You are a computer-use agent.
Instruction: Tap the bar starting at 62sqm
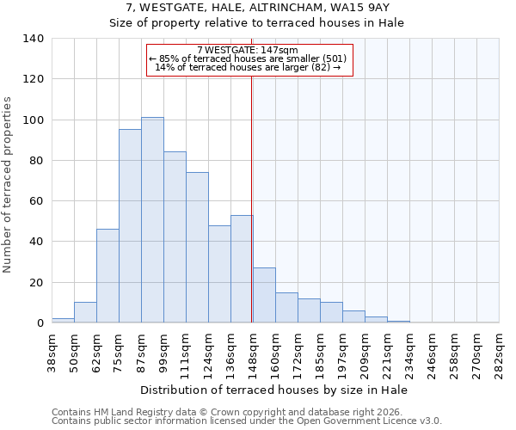[107, 276]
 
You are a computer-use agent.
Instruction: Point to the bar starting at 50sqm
[85, 313]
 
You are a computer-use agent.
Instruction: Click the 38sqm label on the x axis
[52, 349]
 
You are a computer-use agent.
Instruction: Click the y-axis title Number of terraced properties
[9, 185]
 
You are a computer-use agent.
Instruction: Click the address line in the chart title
[257, 8]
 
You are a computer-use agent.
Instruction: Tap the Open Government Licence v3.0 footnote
[247, 421]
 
